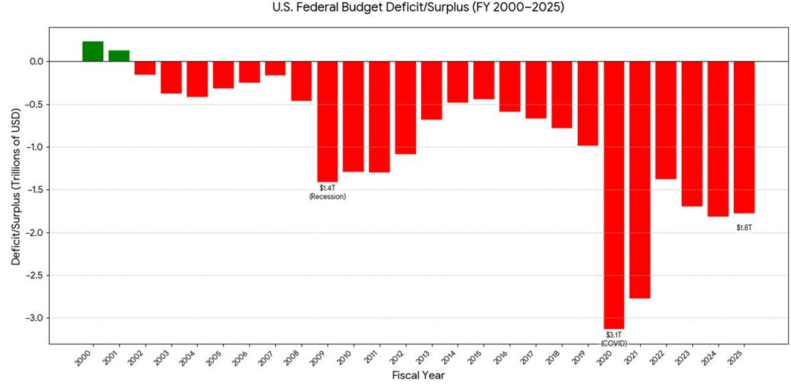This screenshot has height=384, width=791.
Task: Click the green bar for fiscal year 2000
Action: tap(92, 51)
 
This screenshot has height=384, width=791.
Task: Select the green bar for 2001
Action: tap(119, 56)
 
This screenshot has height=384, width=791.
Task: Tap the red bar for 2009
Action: tap(327, 121)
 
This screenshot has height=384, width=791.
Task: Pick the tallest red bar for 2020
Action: tap(614, 194)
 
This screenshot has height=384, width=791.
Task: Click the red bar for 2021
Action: tap(639, 180)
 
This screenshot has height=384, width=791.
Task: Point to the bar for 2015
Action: tap(483, 80)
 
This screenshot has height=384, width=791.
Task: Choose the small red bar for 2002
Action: tap(145, 67)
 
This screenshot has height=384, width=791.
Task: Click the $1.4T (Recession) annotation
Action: tap(327, 193)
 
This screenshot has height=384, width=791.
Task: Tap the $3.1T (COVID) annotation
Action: tap(614, 339)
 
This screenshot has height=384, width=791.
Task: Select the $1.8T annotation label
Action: tap(744, 228)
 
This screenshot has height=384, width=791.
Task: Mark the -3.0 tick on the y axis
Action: tap(34, 318)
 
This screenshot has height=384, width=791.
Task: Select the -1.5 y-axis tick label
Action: tap(34, 190)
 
